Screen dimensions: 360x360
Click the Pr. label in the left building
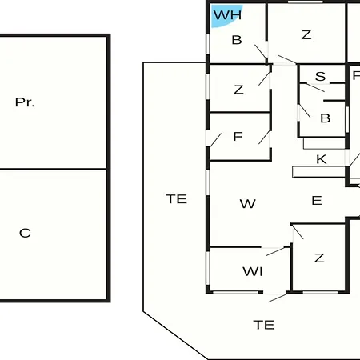[25, 102]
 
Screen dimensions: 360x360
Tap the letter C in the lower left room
[25, 233]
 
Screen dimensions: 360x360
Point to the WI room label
[253, 271]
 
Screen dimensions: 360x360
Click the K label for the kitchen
[321, 159]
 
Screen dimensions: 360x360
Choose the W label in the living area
[248, 204]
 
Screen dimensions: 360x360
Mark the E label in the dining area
[317, 200]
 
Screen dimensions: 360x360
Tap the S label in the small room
[320, 77]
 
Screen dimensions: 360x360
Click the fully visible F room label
[238, 137]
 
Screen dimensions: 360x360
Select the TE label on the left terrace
[176, 199]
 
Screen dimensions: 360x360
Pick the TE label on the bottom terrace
[264, 325]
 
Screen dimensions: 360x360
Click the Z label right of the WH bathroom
[306, 35]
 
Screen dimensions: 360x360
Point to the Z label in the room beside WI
[319, 258]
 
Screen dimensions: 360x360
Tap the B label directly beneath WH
[237, 40]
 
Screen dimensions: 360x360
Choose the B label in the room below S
[326, 118]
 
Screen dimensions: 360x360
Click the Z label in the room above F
[238, 90]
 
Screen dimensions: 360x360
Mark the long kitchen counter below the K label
[319, 172]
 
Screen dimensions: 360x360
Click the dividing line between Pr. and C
[53, 169]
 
